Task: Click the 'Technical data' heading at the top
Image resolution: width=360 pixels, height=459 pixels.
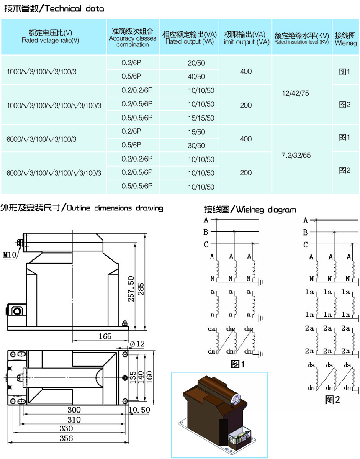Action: [x=54, y=8]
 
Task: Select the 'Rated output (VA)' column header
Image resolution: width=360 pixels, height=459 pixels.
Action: [x=189, y=38]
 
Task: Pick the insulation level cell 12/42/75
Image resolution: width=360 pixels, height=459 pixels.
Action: [x=296, y=93]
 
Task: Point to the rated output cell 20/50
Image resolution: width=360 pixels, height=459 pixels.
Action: [x=196, y=63]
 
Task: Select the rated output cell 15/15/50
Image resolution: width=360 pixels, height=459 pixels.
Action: [x=201, y=118]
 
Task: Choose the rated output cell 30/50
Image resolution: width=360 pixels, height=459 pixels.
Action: [x=196, y=146]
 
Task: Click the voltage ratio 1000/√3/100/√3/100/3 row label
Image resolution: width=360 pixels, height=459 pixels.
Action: [x=42, y=72]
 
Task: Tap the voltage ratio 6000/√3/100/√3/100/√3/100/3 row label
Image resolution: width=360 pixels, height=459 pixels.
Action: [x=54, y=173]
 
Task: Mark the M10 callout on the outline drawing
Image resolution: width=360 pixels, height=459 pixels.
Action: [x=9, y=254]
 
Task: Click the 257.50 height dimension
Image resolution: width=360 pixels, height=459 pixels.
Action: [x=131, y=289]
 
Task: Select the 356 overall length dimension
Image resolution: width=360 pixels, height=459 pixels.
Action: [x=66, y=438]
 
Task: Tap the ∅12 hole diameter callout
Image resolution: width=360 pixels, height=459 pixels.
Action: [x=137, y=344]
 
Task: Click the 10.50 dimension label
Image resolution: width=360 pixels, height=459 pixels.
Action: [x=139, y=410]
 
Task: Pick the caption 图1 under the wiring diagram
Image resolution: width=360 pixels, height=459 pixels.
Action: [x=238, y=364]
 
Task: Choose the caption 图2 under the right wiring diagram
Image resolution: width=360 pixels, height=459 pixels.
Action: [x=333, y=400]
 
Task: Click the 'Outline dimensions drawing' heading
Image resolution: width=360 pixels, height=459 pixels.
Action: [x=82, y=208]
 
